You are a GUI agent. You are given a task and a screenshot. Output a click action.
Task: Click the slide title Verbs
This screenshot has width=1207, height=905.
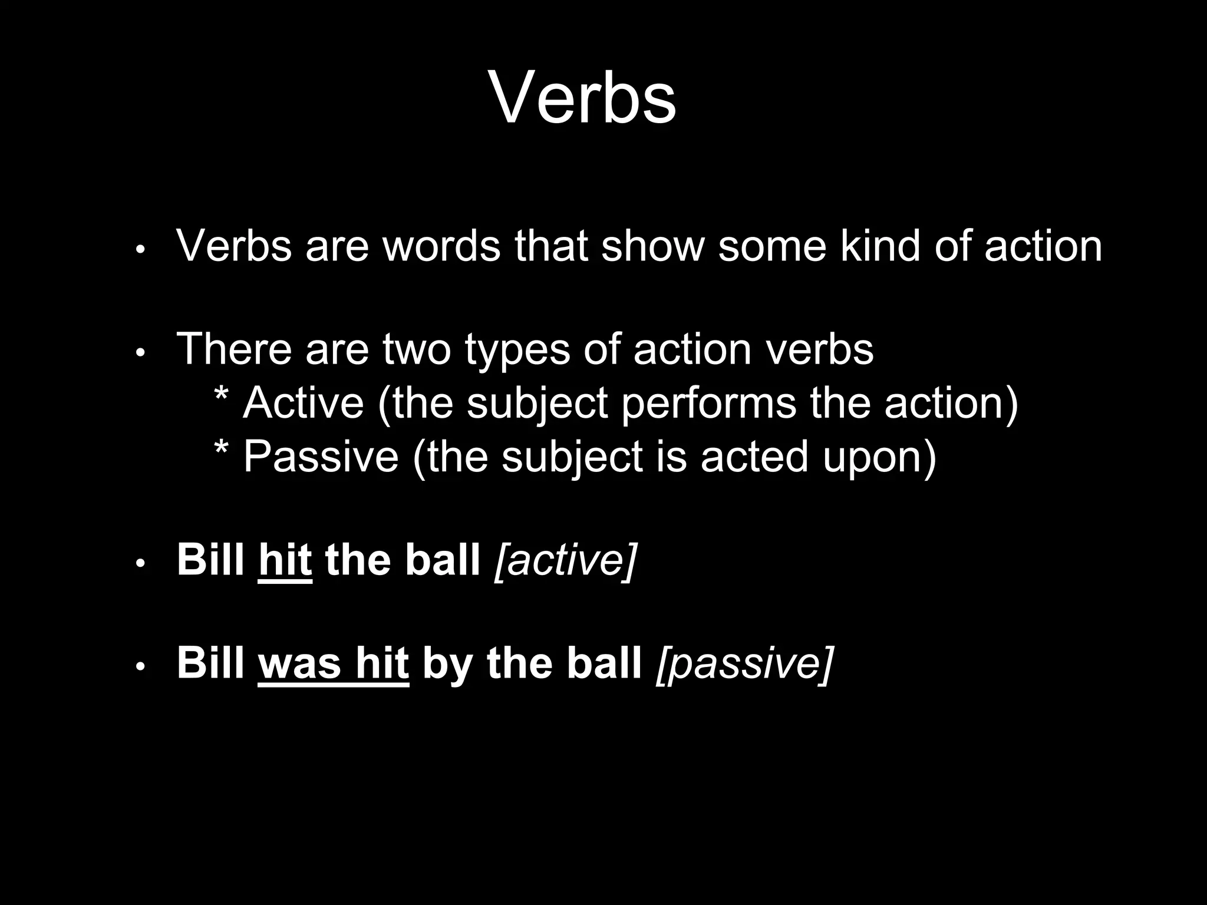point(582,98)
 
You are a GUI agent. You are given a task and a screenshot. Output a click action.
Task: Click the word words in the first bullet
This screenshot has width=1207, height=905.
point(442,246)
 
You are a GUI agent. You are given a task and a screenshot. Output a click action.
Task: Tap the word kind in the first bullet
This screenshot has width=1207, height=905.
point(879,246)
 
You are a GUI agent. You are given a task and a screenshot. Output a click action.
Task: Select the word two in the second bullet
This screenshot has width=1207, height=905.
point(417,349)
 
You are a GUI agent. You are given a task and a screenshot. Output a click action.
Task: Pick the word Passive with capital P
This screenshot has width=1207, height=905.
point(321,456)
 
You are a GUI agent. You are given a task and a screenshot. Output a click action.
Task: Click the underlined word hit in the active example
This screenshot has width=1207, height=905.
point(285,559)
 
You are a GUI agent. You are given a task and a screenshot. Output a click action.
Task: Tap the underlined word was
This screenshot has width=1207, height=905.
point(299,663)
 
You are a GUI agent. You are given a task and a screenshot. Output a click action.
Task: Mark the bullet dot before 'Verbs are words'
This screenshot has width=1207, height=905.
point(140,250)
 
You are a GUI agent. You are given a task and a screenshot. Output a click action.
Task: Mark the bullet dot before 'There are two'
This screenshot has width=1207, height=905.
point(140,353)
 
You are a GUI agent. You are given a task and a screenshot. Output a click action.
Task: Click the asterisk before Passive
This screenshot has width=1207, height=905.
point(221,450)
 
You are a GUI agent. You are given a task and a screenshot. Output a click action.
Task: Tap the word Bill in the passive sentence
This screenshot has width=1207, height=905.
point(210,662)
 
